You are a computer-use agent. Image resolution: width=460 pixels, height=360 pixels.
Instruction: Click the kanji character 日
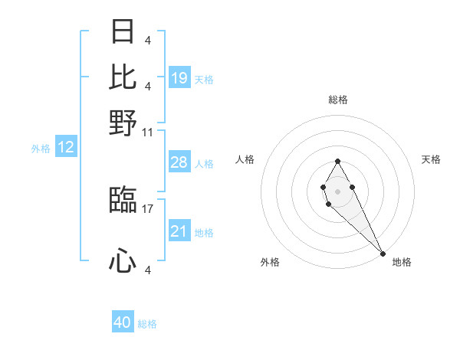(x=123, y=32)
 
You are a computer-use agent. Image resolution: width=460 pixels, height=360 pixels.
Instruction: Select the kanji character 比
(x=123, y=77)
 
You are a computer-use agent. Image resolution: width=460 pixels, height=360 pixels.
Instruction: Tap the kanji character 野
(x=123, y=123)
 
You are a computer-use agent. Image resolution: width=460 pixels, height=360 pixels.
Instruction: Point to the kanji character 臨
(x=123, y=201)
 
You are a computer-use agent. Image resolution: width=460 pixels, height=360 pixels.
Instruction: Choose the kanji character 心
(x=123, y=262)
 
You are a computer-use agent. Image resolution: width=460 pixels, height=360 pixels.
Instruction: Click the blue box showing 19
(x=179, y=78)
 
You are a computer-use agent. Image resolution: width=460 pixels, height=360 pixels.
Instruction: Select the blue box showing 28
(x=179, y=162)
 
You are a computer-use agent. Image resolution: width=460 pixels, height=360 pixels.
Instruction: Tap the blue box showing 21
(x=179, y=231)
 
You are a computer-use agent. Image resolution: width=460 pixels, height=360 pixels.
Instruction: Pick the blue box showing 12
(x=66, y=148)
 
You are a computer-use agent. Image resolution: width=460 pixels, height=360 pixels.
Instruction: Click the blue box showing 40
(x=123, y=322)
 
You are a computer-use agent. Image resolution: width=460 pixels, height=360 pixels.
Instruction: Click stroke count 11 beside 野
(x=148, y=132)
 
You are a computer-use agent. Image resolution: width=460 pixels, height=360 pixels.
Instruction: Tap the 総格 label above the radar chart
(x=338, y=100)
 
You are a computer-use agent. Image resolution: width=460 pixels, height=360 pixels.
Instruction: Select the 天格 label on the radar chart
(x=431, y=159)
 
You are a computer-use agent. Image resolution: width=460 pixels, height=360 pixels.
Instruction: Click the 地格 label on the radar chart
(x=402, y=262)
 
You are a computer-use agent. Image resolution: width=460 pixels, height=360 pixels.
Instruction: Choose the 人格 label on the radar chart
(x=245, y=159)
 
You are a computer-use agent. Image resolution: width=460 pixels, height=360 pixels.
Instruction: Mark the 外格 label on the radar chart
(x=270, y=262)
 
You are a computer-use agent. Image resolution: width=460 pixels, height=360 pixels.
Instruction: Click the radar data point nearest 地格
(x=383, y=254)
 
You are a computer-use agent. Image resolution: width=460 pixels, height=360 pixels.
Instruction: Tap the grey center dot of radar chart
(x=338, y=190)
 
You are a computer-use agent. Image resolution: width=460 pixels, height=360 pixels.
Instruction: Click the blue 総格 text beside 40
(x=147, y=324)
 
